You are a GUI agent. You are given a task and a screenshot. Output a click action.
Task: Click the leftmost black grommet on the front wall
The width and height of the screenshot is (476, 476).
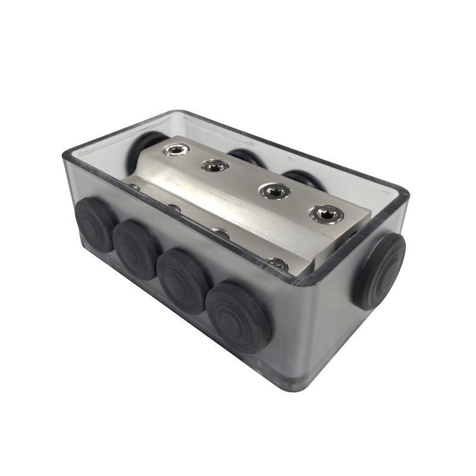96,224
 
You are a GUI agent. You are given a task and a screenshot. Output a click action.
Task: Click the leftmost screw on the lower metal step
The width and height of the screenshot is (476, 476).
134,188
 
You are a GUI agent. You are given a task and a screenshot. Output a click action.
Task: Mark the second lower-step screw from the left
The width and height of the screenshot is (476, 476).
174,208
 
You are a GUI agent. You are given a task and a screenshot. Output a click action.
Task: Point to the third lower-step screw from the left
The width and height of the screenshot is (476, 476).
220,233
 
